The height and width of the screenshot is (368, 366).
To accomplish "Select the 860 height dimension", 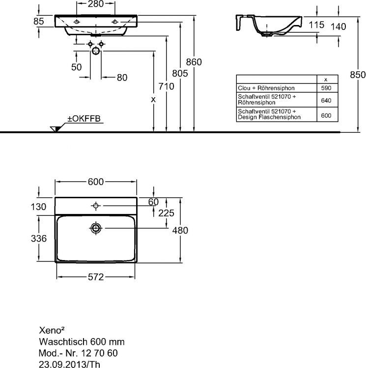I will point(194,62).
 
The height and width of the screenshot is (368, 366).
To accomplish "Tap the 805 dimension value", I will point(181,74).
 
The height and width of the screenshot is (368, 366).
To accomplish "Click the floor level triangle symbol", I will point(55,129).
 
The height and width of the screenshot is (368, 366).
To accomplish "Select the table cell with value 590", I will point(326,88).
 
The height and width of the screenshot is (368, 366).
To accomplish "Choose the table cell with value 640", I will point(326,100).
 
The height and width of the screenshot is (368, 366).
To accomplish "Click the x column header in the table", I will point(326,79).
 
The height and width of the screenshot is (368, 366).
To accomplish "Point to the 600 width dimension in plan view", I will point(96,182).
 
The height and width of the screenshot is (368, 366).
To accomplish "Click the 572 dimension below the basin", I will point(95,277).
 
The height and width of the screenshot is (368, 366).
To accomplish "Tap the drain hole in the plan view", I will point(96,228).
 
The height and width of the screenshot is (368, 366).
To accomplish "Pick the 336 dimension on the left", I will point(39,239).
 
